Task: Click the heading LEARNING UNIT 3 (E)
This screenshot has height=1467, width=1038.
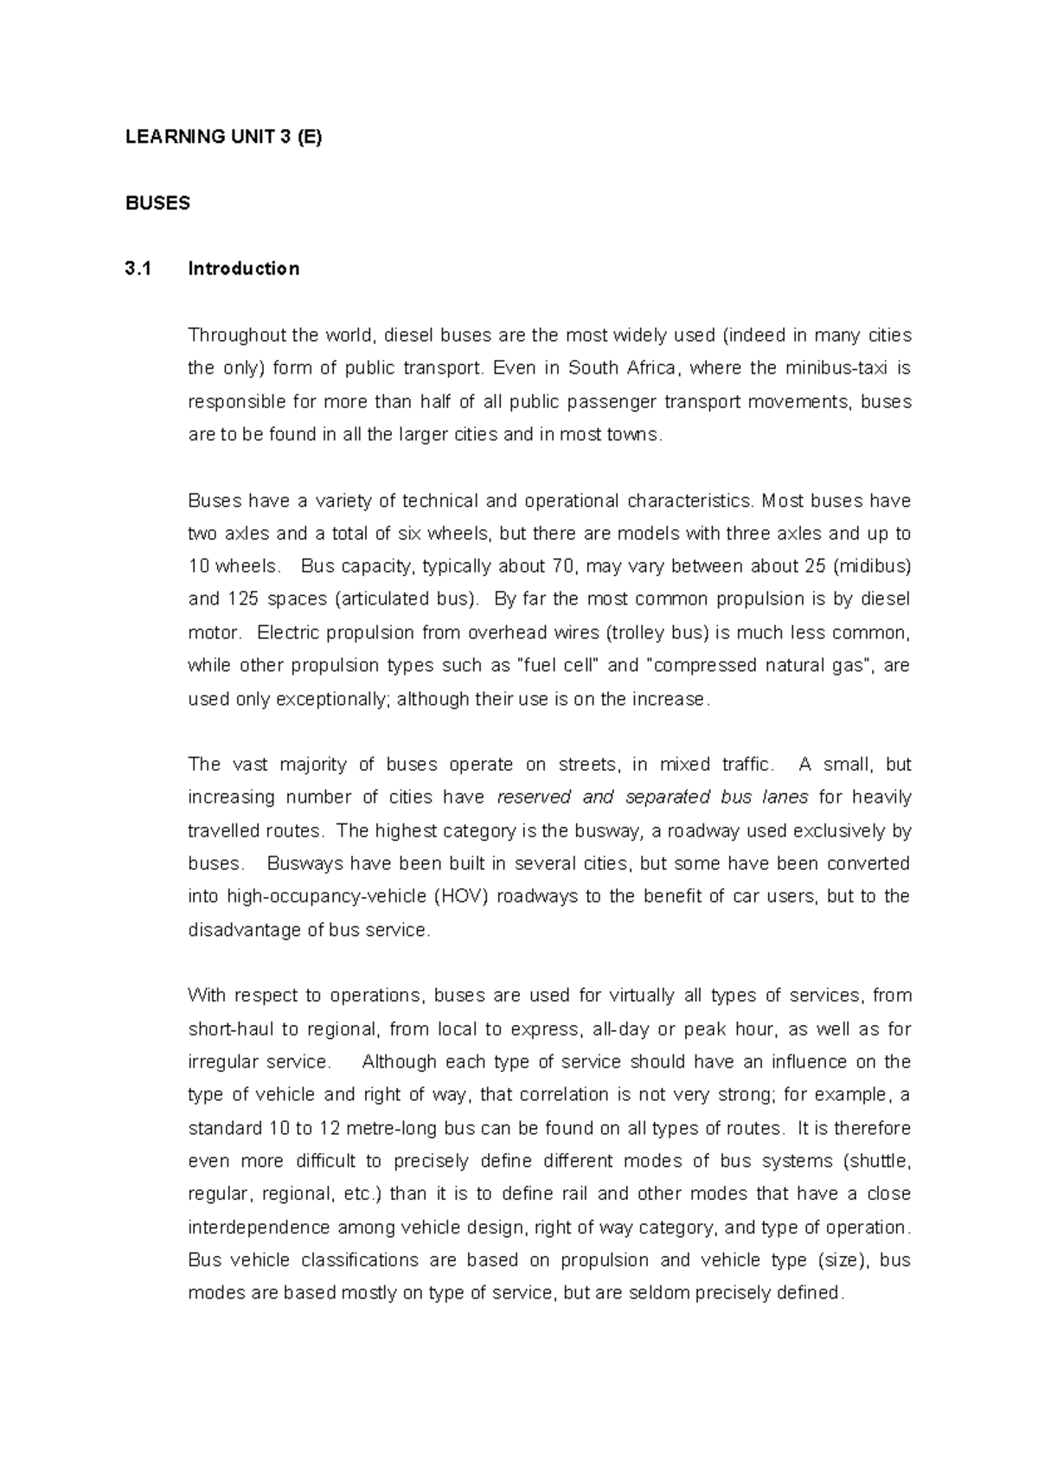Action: coord(223,138)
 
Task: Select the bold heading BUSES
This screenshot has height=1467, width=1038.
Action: coord(157,203)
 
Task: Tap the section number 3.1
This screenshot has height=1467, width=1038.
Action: coord(138,269)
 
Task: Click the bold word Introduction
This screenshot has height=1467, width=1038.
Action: coord(244,269)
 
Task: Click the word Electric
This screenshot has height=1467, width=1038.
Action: coord(293,632)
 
